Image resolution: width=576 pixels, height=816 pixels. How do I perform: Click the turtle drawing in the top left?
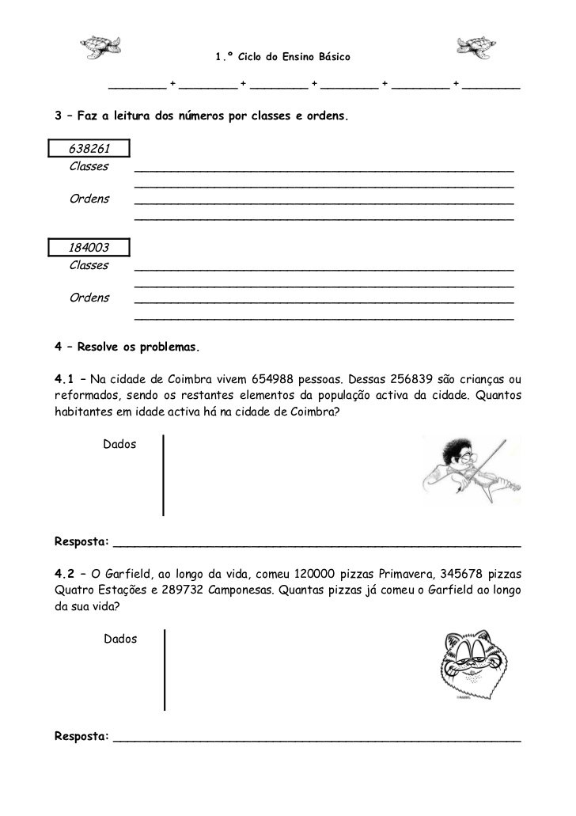100,47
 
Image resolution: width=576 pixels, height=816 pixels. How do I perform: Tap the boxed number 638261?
89,150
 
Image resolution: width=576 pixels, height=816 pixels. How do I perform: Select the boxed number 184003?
89,248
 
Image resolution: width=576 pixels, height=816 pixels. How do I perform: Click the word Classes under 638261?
89,167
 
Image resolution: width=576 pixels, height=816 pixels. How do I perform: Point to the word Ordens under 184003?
89,298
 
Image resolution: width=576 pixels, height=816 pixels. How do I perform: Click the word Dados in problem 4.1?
119,445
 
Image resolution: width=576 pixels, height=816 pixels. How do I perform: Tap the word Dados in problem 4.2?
120,639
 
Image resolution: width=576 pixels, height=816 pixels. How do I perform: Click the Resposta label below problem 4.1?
81,542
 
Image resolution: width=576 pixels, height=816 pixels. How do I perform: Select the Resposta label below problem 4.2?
81,737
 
